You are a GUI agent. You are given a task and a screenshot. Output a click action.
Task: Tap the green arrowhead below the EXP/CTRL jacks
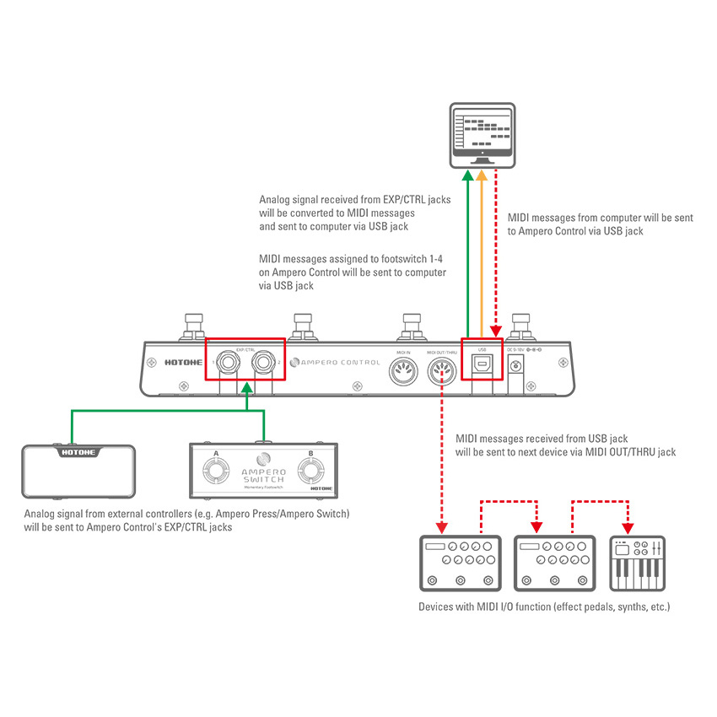pos(246,389)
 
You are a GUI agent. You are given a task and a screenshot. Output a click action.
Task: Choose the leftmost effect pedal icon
pos(460,563)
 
